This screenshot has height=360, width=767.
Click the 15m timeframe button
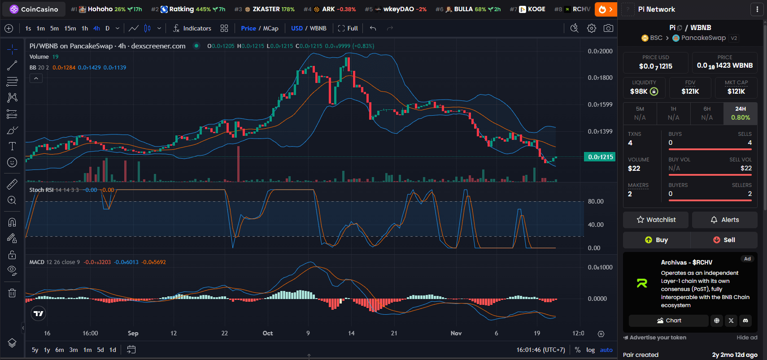click(70, 28)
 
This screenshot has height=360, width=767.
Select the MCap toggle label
click(270, 28)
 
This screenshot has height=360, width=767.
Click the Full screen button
click(348, 28)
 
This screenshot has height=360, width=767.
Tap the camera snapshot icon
click(608, 28)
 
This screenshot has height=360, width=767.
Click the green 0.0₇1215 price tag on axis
click(600, 157)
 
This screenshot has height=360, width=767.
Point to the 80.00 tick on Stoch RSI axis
click(595, 201)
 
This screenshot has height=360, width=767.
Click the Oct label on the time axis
click(268, 333)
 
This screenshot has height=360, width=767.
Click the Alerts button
click(724, 220)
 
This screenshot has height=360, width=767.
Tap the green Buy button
click(656, 240)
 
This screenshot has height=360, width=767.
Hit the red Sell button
click(724, 240)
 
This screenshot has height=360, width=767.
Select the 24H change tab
click(740, 113)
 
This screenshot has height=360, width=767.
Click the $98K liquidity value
click(639, 91)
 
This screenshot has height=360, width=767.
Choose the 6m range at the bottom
click(60, 350)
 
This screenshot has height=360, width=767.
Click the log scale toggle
click(590, 350)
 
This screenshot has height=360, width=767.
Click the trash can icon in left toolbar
click(12, 293)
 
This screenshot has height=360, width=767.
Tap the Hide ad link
click(746, 338)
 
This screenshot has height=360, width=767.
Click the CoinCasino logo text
click(39, 9)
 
